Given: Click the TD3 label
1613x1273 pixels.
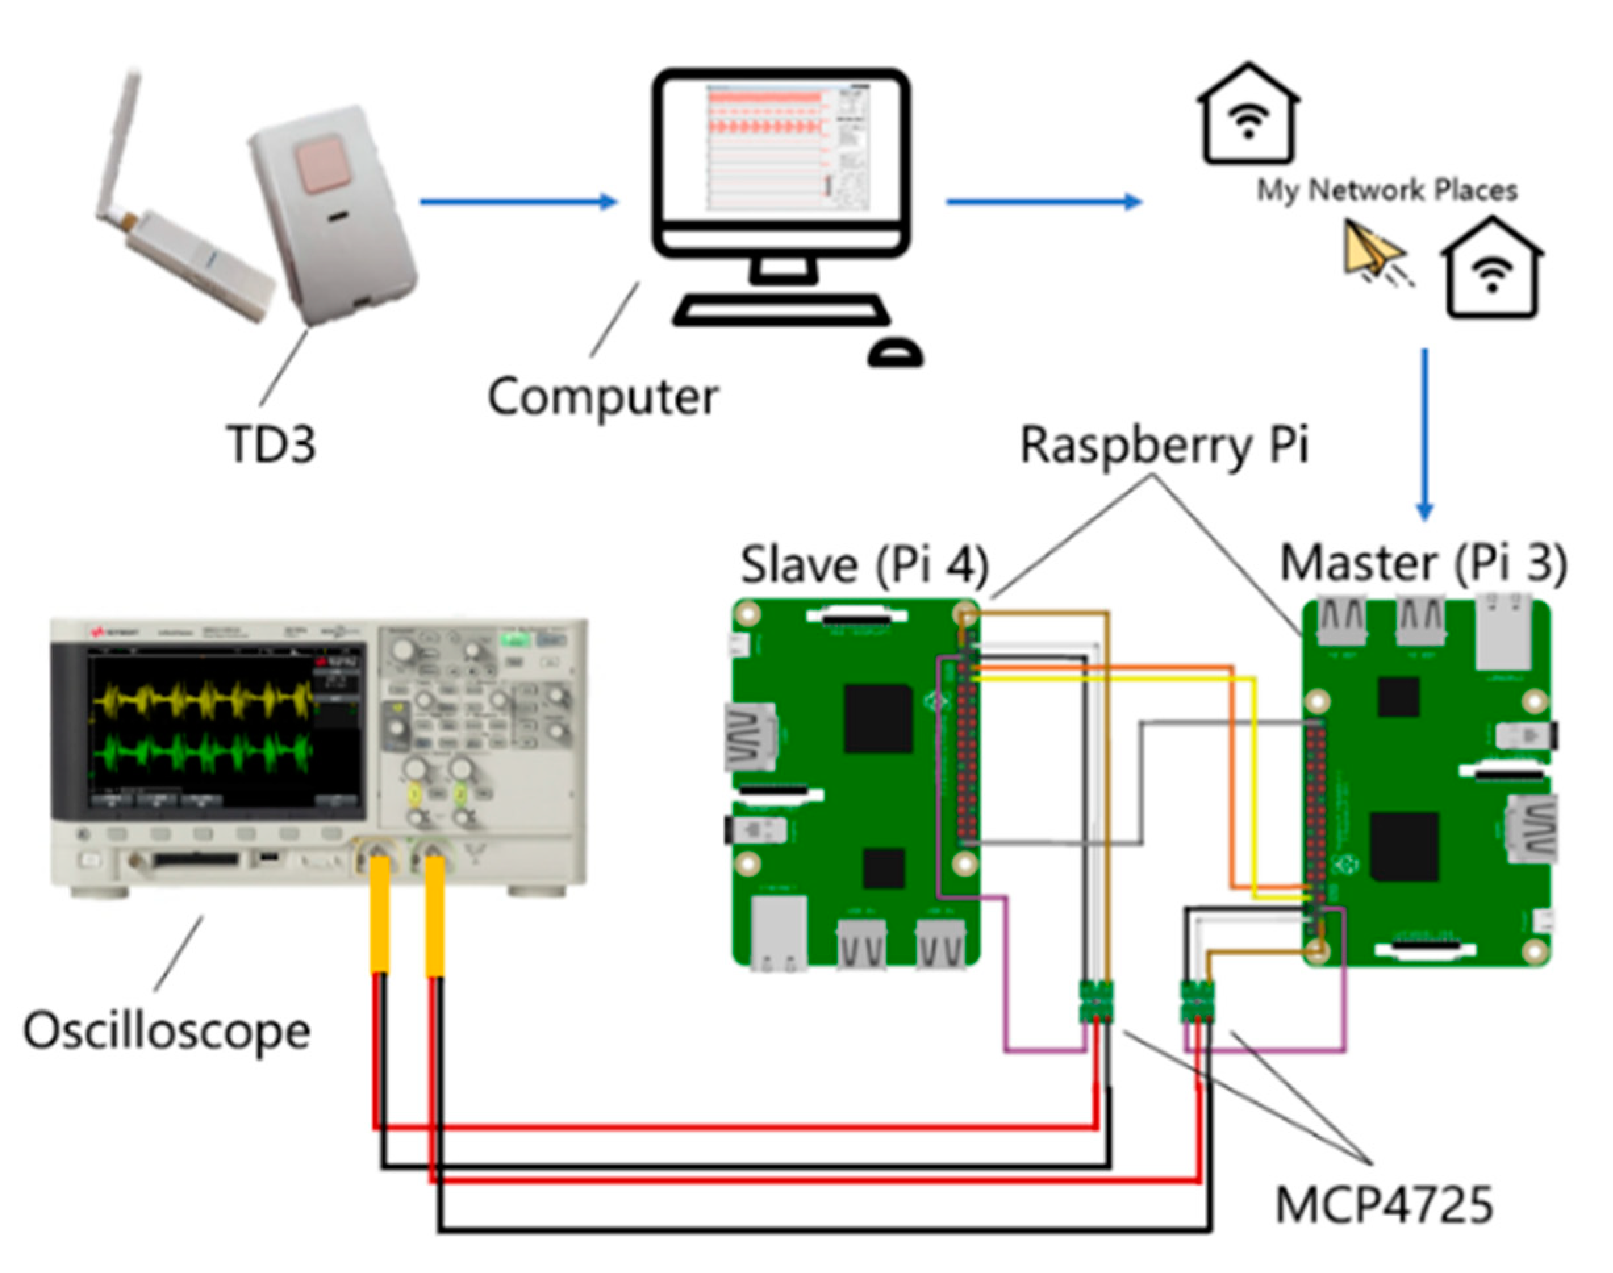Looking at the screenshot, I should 270,444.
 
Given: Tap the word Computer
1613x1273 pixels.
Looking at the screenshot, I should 602,397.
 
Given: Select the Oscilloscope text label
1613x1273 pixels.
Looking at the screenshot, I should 166,1032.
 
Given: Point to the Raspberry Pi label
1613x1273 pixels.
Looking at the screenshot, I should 1163,445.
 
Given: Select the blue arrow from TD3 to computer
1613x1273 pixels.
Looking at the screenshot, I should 518,201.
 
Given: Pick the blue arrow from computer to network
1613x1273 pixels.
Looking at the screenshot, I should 1044,201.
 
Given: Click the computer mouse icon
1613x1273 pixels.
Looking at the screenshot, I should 895,352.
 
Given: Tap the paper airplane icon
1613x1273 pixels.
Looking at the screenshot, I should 1373,252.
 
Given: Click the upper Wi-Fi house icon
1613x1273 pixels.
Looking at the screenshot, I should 1249,116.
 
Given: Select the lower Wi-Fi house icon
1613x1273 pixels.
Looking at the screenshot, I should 1491,270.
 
